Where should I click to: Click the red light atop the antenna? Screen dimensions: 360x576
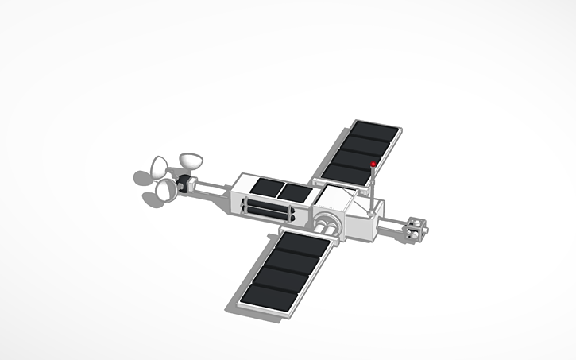point(373,165)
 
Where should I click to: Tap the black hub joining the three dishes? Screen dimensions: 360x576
point(186,184)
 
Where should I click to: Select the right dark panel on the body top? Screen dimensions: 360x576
point(295,192)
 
